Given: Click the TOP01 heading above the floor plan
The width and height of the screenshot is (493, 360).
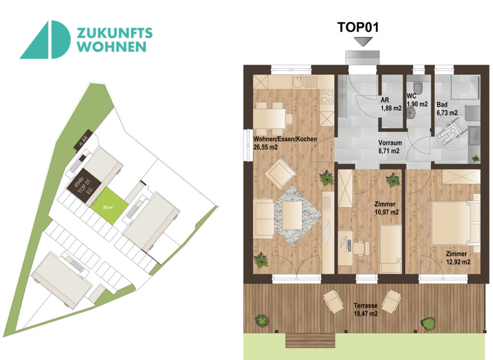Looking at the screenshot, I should click(x=358, y=27).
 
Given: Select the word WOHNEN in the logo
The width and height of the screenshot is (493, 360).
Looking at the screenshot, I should click(x=112, y=47).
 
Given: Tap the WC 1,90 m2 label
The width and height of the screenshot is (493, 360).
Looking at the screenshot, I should click(x=416, y=100).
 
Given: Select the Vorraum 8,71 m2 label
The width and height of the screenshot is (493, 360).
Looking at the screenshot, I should click(x=389, y=147).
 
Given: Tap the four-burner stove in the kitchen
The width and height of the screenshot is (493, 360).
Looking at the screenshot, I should click(x=327, y=97).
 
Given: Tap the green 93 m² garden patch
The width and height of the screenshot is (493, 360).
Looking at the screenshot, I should click(x=109, y=207).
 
